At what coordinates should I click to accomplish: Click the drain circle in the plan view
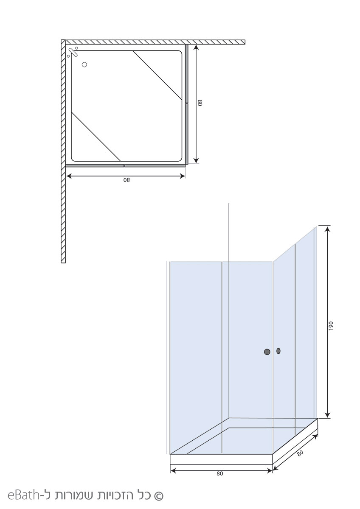coord(84,65)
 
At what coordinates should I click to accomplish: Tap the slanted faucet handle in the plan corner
coord(73,53)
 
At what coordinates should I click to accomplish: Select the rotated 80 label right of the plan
coord(200,103)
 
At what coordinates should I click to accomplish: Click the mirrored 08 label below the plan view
coord(127,180)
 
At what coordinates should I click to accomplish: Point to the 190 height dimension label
coord(331,326)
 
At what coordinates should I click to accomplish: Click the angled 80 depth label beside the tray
coord(300,453)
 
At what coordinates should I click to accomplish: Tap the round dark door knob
coord(267,352)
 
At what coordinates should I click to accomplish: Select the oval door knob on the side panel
coord(278,351)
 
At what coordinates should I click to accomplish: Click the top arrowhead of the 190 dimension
coord(327,229)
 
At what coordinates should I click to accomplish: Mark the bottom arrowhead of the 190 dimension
coord(327,415)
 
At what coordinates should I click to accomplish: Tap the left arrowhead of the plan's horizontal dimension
coord(69,176)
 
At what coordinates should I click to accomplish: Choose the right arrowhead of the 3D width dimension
coord(269,471)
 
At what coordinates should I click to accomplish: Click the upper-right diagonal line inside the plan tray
coord(157,75)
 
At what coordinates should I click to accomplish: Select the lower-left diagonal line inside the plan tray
coord(96,137)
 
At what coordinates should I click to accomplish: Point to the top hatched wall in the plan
coord(155,42)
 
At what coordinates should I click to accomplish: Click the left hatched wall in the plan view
coord(63,151)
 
